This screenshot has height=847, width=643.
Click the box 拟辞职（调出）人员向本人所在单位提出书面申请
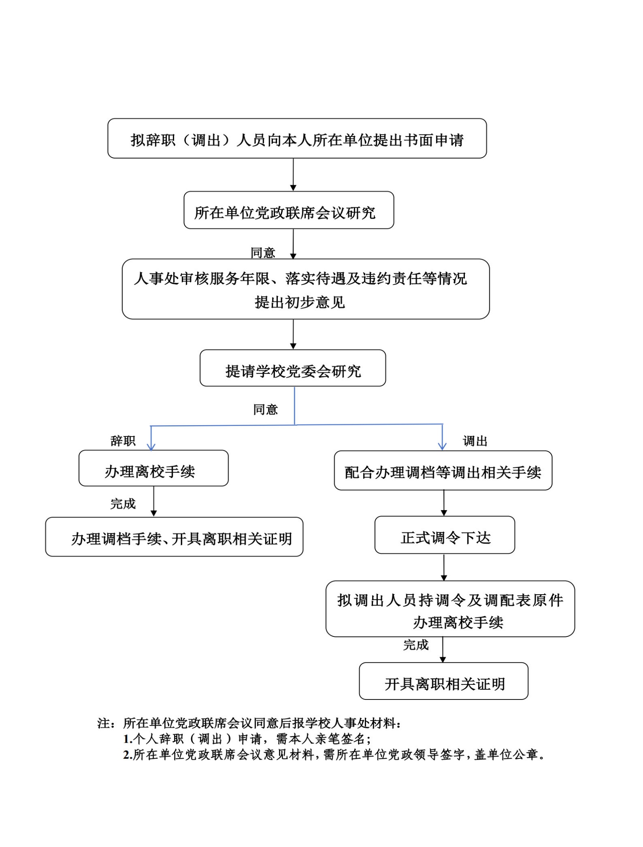[x=297, y=138]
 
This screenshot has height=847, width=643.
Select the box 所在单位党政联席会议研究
[x=289, y=210]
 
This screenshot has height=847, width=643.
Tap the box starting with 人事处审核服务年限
[x=306, y=289]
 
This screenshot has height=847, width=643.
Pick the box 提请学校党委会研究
[x=293, y=368]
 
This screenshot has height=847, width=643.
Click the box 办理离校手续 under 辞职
[x=154, y=468]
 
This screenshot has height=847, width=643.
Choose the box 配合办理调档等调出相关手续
[x=443, y=471]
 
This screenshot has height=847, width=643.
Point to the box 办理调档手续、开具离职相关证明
[x=174, y=537]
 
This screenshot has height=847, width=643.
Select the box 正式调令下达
[x=445, y=535]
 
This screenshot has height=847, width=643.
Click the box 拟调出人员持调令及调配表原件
[x=450, y=609]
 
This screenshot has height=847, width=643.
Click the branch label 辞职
[x=123, y=441]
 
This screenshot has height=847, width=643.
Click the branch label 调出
[x=475, y=441]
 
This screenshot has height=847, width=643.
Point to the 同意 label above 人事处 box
[x=263, y=253]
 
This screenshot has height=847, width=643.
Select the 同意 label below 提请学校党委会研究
[x=265, y=409]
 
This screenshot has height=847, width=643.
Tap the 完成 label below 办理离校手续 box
[x=123, y=504]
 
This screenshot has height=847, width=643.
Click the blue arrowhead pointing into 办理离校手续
[x=151, y=447]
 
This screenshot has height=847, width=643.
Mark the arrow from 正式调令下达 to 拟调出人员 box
[x=444, y=567]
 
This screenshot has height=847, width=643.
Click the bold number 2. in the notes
[x=128, y=755]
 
